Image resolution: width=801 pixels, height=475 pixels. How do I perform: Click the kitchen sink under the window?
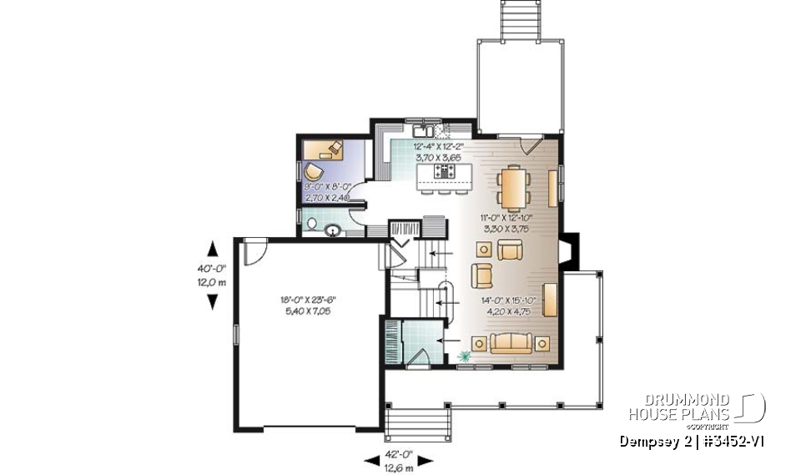421,130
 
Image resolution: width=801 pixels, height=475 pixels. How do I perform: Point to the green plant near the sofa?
464,358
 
